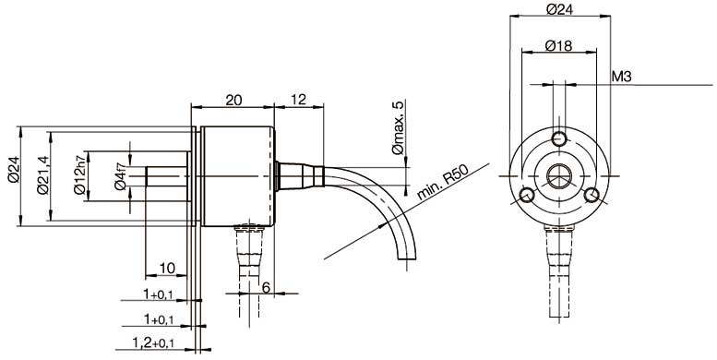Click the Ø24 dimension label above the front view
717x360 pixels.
[x=560, y=9]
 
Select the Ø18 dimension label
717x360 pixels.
[x=558, y=45]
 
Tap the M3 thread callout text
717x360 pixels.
[x=621, y=77]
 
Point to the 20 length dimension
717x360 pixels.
[x=233, y=101]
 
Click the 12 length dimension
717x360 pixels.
[x=298, y=100]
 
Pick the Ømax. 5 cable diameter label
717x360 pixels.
[x=399, y=128]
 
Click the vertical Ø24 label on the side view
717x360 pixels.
[x=14, y=170]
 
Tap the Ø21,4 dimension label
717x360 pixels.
[x=42, y=174]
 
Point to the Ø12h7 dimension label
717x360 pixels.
[x=79, y=174]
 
